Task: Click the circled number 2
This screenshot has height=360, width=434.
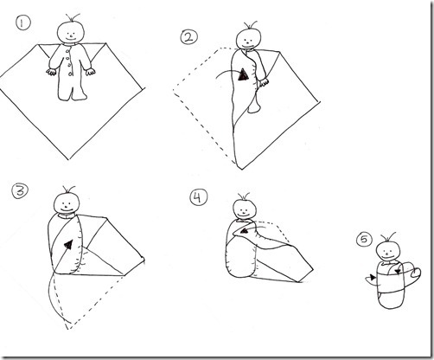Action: pyautogui.click(x=187, y=36)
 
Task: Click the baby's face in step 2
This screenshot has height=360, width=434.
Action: pyautogui.click(x=250, y=37)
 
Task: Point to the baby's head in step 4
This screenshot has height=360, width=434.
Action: pyautogui.click(x=246, y=209)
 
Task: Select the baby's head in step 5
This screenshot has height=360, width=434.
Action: pyautogui.click(x=388, y=249)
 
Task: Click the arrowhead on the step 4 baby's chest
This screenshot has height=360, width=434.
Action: pyautogui.click(x=245, y=229)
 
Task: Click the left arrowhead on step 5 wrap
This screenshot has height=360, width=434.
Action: pyautogui.click(x=372, y=278)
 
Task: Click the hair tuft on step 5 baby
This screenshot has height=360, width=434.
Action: pyautogui.click(x=388, y=234)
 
